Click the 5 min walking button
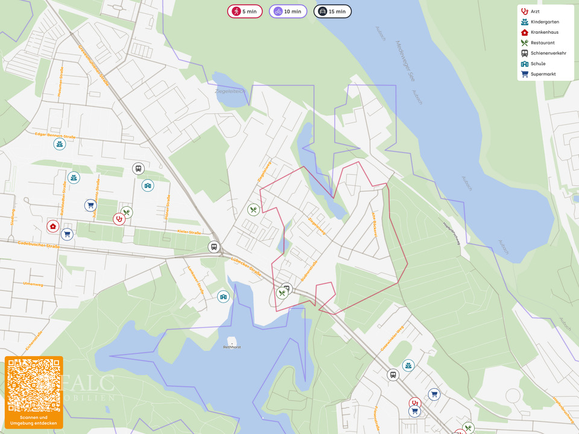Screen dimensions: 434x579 click(x=245, y=11)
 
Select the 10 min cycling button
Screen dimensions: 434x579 click(x=288, y=11)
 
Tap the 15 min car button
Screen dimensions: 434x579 click(x=332, y=11)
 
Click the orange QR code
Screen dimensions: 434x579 click(x=34, y=386)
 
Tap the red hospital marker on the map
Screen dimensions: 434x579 click(x=53, y=226)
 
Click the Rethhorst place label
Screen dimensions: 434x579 click(x=232, y=347)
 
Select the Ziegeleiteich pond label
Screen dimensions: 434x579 click(x=230, y=91)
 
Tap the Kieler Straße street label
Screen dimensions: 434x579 click(x=189, y=232)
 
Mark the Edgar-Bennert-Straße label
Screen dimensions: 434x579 click(x=55, y=136)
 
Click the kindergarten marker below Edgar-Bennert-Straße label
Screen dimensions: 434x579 click(x=59, y=145)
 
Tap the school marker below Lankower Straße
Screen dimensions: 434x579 click(x=224, y=297)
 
